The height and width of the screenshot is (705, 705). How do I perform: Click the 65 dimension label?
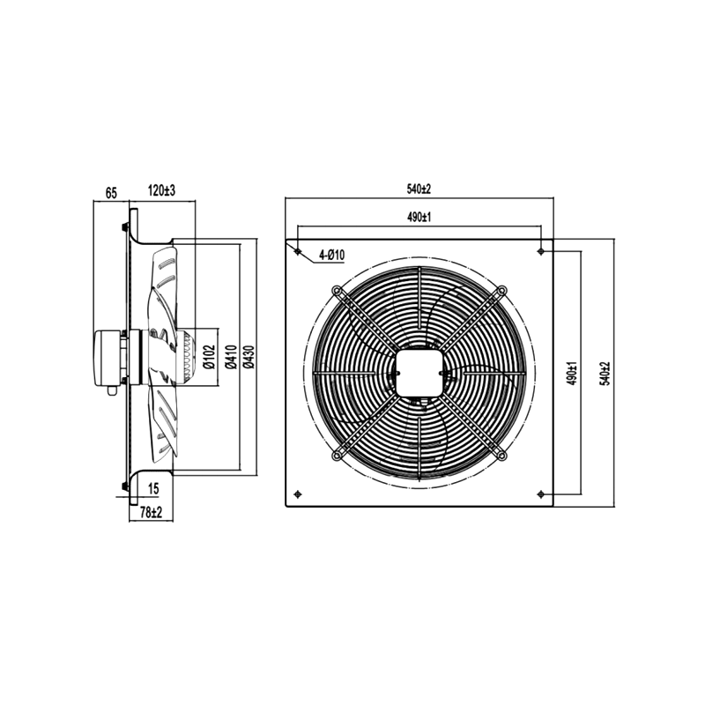click(x=111, y=193)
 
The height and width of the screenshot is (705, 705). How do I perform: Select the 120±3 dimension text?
click(x=162, y=190)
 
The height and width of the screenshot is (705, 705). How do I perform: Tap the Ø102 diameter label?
click(x=210, y=357)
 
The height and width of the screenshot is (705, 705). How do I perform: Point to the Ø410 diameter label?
click(x=231, y=357)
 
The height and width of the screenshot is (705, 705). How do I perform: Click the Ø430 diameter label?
click(x=249, y=357)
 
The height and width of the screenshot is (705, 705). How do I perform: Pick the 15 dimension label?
click(x=153, y=489)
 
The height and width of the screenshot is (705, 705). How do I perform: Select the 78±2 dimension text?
click(x=151, y=512)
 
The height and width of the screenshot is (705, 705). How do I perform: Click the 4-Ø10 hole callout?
click(x=332, y=255)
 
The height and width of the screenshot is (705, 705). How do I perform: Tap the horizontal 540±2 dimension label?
click(x=419, y=189)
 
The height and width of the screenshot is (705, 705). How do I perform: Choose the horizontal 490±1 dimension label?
click(x=419, y=217)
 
